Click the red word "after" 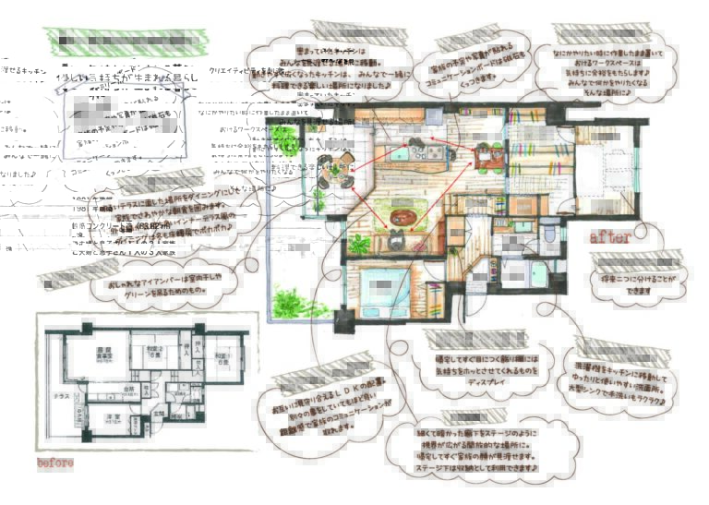click(x=610, y=238)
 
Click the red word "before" click(x=54, y=462)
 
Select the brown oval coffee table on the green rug click(x=403, y=218)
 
